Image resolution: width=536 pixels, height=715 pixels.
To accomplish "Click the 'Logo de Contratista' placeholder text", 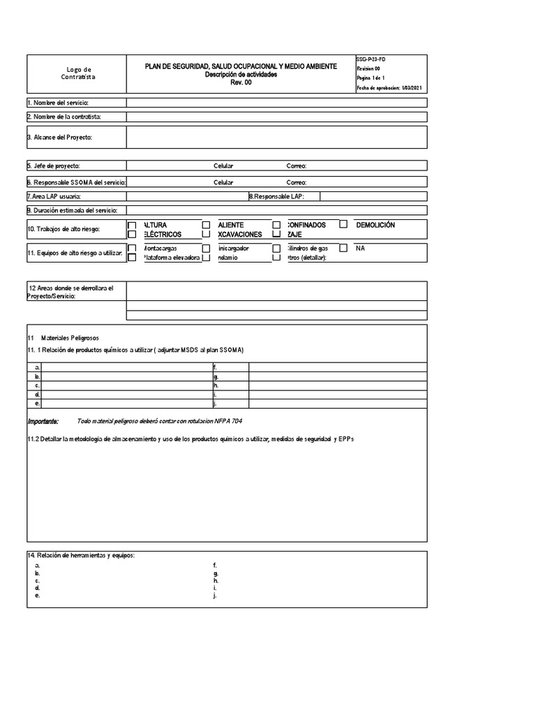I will coord(78,73).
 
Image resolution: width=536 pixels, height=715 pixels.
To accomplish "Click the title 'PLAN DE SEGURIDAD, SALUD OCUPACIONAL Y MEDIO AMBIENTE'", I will coord(240,66).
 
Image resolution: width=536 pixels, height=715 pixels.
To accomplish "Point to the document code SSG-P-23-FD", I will coord(371,60).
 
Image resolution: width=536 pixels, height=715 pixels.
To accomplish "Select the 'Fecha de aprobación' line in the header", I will coord(388,88).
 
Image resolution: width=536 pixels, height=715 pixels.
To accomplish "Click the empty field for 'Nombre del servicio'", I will coord(276,103).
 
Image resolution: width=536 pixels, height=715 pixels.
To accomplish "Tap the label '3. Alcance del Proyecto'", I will coord(60,138).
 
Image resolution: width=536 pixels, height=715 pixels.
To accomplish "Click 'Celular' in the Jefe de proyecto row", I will coord(223,166).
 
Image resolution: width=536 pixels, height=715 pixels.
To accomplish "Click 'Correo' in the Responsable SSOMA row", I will coord(297,182).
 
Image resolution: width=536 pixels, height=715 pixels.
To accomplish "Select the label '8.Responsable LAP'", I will coord(276,197).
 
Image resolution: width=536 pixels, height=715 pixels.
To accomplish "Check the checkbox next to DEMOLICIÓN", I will coord(343,225).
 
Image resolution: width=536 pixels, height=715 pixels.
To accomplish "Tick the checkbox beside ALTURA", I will coord(132,226).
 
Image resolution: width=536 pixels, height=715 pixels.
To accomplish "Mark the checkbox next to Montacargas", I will coord(132,248).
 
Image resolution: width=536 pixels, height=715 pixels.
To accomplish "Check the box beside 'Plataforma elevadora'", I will coord(132,258).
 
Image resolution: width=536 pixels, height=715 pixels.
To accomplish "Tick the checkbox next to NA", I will coord(343,248).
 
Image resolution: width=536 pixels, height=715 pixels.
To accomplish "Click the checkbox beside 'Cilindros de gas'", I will coord(276,248).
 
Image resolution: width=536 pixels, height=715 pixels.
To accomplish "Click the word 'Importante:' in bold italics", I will coord(43,422).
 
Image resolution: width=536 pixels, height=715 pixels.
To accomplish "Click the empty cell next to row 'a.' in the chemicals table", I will coord(126,367).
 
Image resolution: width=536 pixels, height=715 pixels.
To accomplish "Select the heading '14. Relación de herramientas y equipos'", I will coord(81,555).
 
